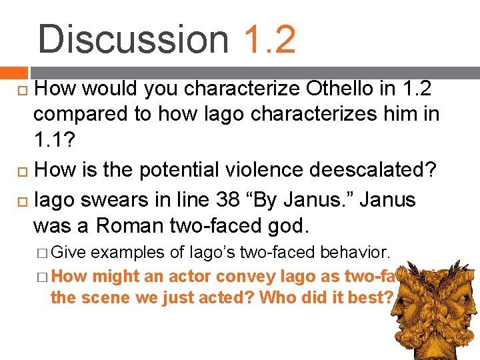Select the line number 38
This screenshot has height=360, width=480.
pos(219,199)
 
